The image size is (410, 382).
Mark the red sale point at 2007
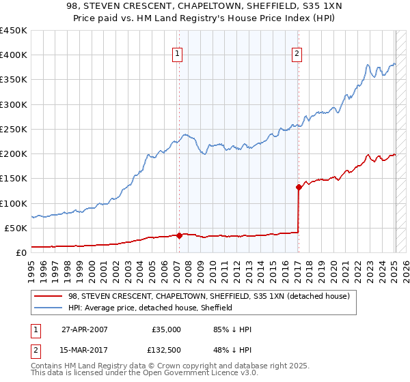pos(180,235)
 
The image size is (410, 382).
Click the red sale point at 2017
pos(299,187)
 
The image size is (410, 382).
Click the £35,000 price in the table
pos(167,329)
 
